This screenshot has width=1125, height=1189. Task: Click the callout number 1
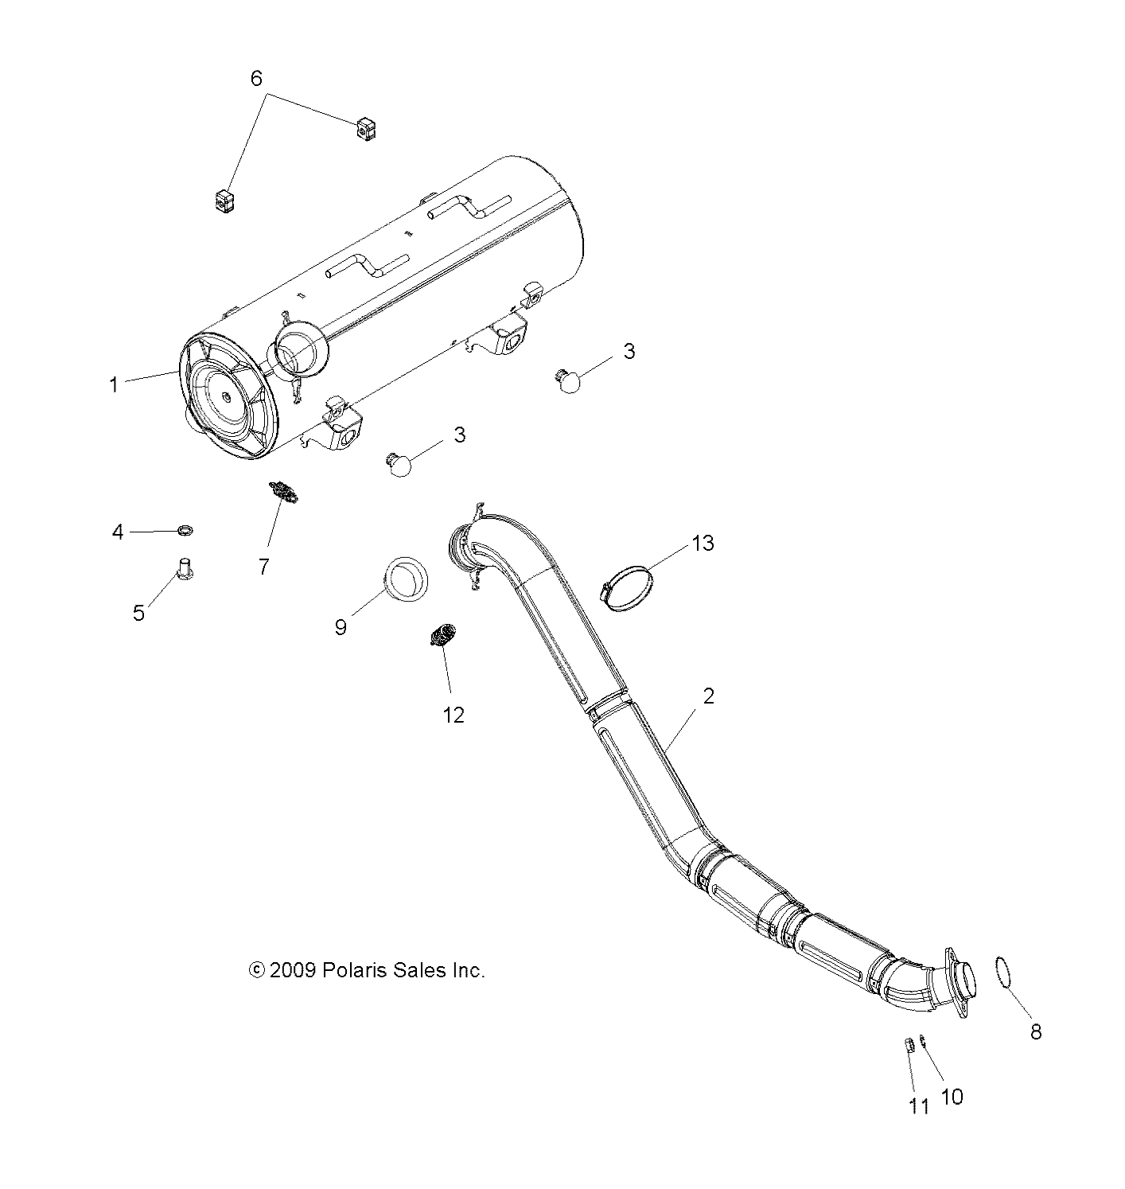(x=114, y=385)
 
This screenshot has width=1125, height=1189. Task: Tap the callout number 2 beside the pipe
(x=708, y=696)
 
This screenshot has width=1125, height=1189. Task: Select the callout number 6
(x=256, y=78)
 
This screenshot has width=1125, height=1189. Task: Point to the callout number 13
(x=703, y=544)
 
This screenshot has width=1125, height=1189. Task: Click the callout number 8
(x=1035, y=1032)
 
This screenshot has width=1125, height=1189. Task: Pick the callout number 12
(x=454, y=715)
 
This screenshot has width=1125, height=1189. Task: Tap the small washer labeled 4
(x=185, y=529)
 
